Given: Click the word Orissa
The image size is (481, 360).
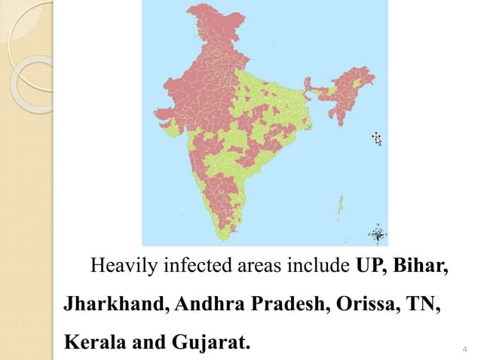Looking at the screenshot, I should pyautogui.click(x=361, y=307).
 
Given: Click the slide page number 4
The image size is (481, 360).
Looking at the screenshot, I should pyautogui.click(x=464, y=349).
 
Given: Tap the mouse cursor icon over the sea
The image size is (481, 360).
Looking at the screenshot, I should pyautogui.click(x=376, y=138).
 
